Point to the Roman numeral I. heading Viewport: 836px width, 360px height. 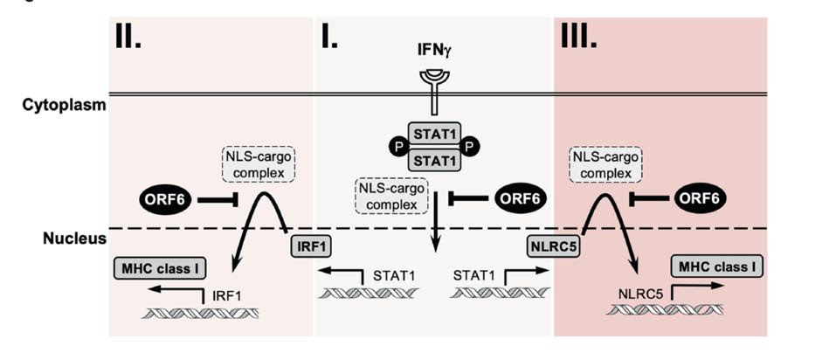329,36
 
